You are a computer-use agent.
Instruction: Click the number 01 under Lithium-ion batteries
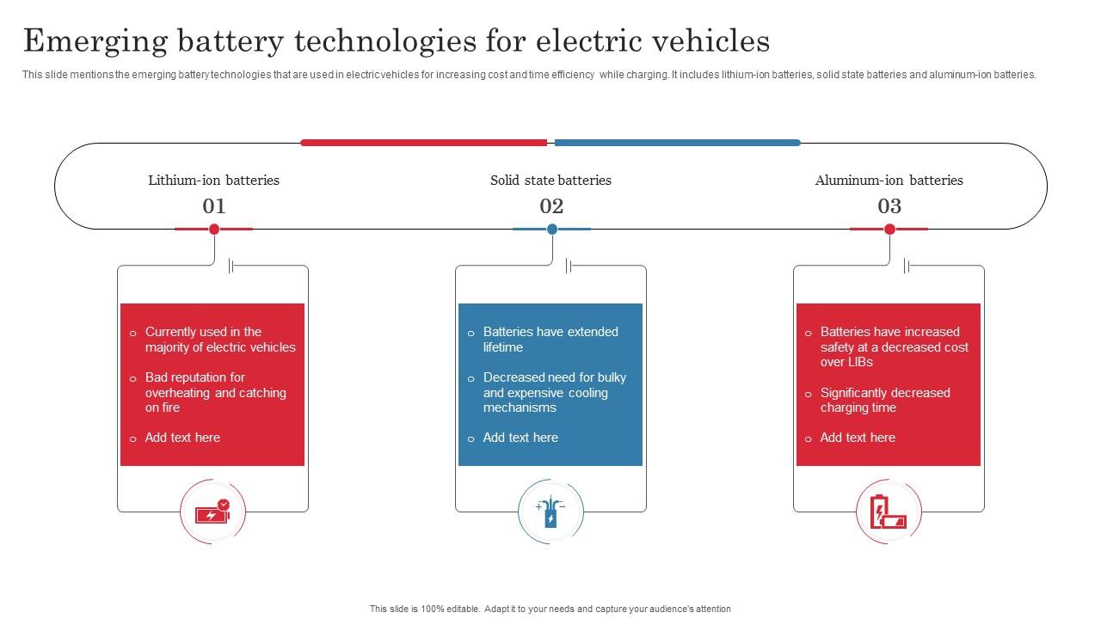[x=213, y=206]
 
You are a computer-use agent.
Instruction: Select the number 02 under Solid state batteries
[x=551, y=206]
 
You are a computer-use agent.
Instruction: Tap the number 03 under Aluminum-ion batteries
[x=889, y=206]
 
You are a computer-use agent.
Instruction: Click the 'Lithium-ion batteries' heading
[x=213, y=181]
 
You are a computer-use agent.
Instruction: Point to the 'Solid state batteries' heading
[x=550, y=181]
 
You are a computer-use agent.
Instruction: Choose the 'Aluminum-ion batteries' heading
[x=889, y=181]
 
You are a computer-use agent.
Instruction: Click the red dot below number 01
[x=214, y=229]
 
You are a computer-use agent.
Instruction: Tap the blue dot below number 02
[x=552, y=229]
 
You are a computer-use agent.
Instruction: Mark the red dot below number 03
[x=890, y=229]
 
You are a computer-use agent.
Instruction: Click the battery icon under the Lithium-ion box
[x=212, y=512]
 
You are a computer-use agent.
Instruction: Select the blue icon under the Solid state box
[x=550, y=512]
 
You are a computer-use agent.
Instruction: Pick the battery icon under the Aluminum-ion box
[x=889, y=512]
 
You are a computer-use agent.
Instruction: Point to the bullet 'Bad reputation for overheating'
[x=215, y=392]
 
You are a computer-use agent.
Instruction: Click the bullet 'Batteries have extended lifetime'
[x=550, y=340]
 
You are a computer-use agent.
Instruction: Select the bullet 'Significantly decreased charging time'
[x=885, y=400]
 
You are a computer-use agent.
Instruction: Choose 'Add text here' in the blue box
[x=520, y=438]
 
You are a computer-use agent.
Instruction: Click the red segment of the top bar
[x=423, y=143]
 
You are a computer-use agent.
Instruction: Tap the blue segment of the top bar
[x=678, y=143]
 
